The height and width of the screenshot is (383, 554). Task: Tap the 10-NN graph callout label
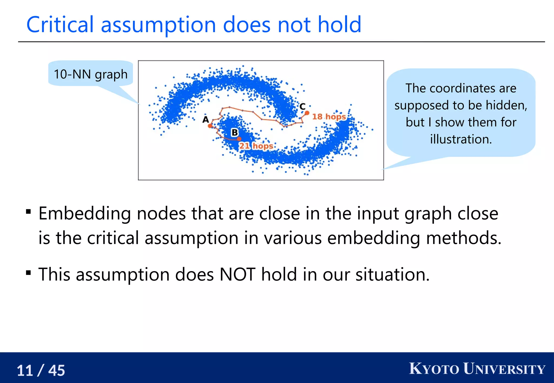coord(90,74)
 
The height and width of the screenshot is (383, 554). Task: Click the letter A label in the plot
coord(206,119)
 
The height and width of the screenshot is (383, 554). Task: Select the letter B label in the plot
coord(235,132)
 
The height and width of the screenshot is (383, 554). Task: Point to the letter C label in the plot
coord(302,106)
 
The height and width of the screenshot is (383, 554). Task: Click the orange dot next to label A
coord(210,126)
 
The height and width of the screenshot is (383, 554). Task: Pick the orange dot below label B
coord(239,139)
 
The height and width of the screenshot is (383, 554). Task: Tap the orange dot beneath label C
coord(307,113)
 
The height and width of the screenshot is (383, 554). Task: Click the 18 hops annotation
coord(329,117)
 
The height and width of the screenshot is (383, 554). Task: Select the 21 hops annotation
coord(256,146)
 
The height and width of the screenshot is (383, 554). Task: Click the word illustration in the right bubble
coord(461,139)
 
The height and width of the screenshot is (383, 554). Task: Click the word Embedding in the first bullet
coord(85,213)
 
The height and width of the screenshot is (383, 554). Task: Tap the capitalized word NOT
coord(237,274)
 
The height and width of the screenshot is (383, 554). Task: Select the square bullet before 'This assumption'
coord(28,273)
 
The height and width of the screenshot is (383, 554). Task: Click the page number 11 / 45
coord(41,370)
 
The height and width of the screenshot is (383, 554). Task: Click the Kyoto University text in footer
coord(477,369)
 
